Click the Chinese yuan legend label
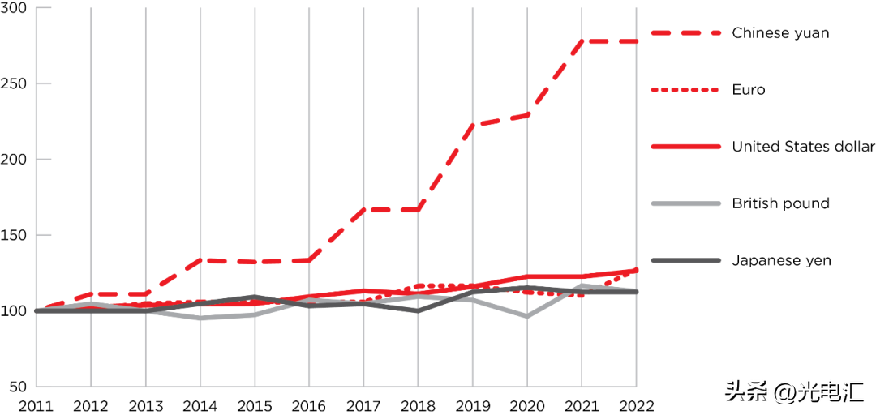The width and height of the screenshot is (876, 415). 779,33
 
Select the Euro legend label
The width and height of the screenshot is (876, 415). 748,90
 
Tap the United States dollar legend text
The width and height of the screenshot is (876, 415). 803,147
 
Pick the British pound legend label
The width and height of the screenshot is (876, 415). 780,203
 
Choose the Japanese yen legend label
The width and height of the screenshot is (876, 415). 781,260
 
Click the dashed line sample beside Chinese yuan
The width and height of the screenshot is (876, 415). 685,33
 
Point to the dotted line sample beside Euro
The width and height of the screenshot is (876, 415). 685,90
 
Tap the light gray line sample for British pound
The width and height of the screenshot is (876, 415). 685,203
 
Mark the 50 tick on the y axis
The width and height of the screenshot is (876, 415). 19,387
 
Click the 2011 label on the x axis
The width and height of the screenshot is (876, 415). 36,404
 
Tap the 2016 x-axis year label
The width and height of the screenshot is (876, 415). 308,404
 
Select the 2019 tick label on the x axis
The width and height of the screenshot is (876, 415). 472,404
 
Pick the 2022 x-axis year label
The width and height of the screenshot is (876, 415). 636,404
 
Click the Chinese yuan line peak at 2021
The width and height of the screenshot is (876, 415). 582,41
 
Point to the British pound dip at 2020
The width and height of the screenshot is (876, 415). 527,316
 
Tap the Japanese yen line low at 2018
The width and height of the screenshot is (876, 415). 418,310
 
